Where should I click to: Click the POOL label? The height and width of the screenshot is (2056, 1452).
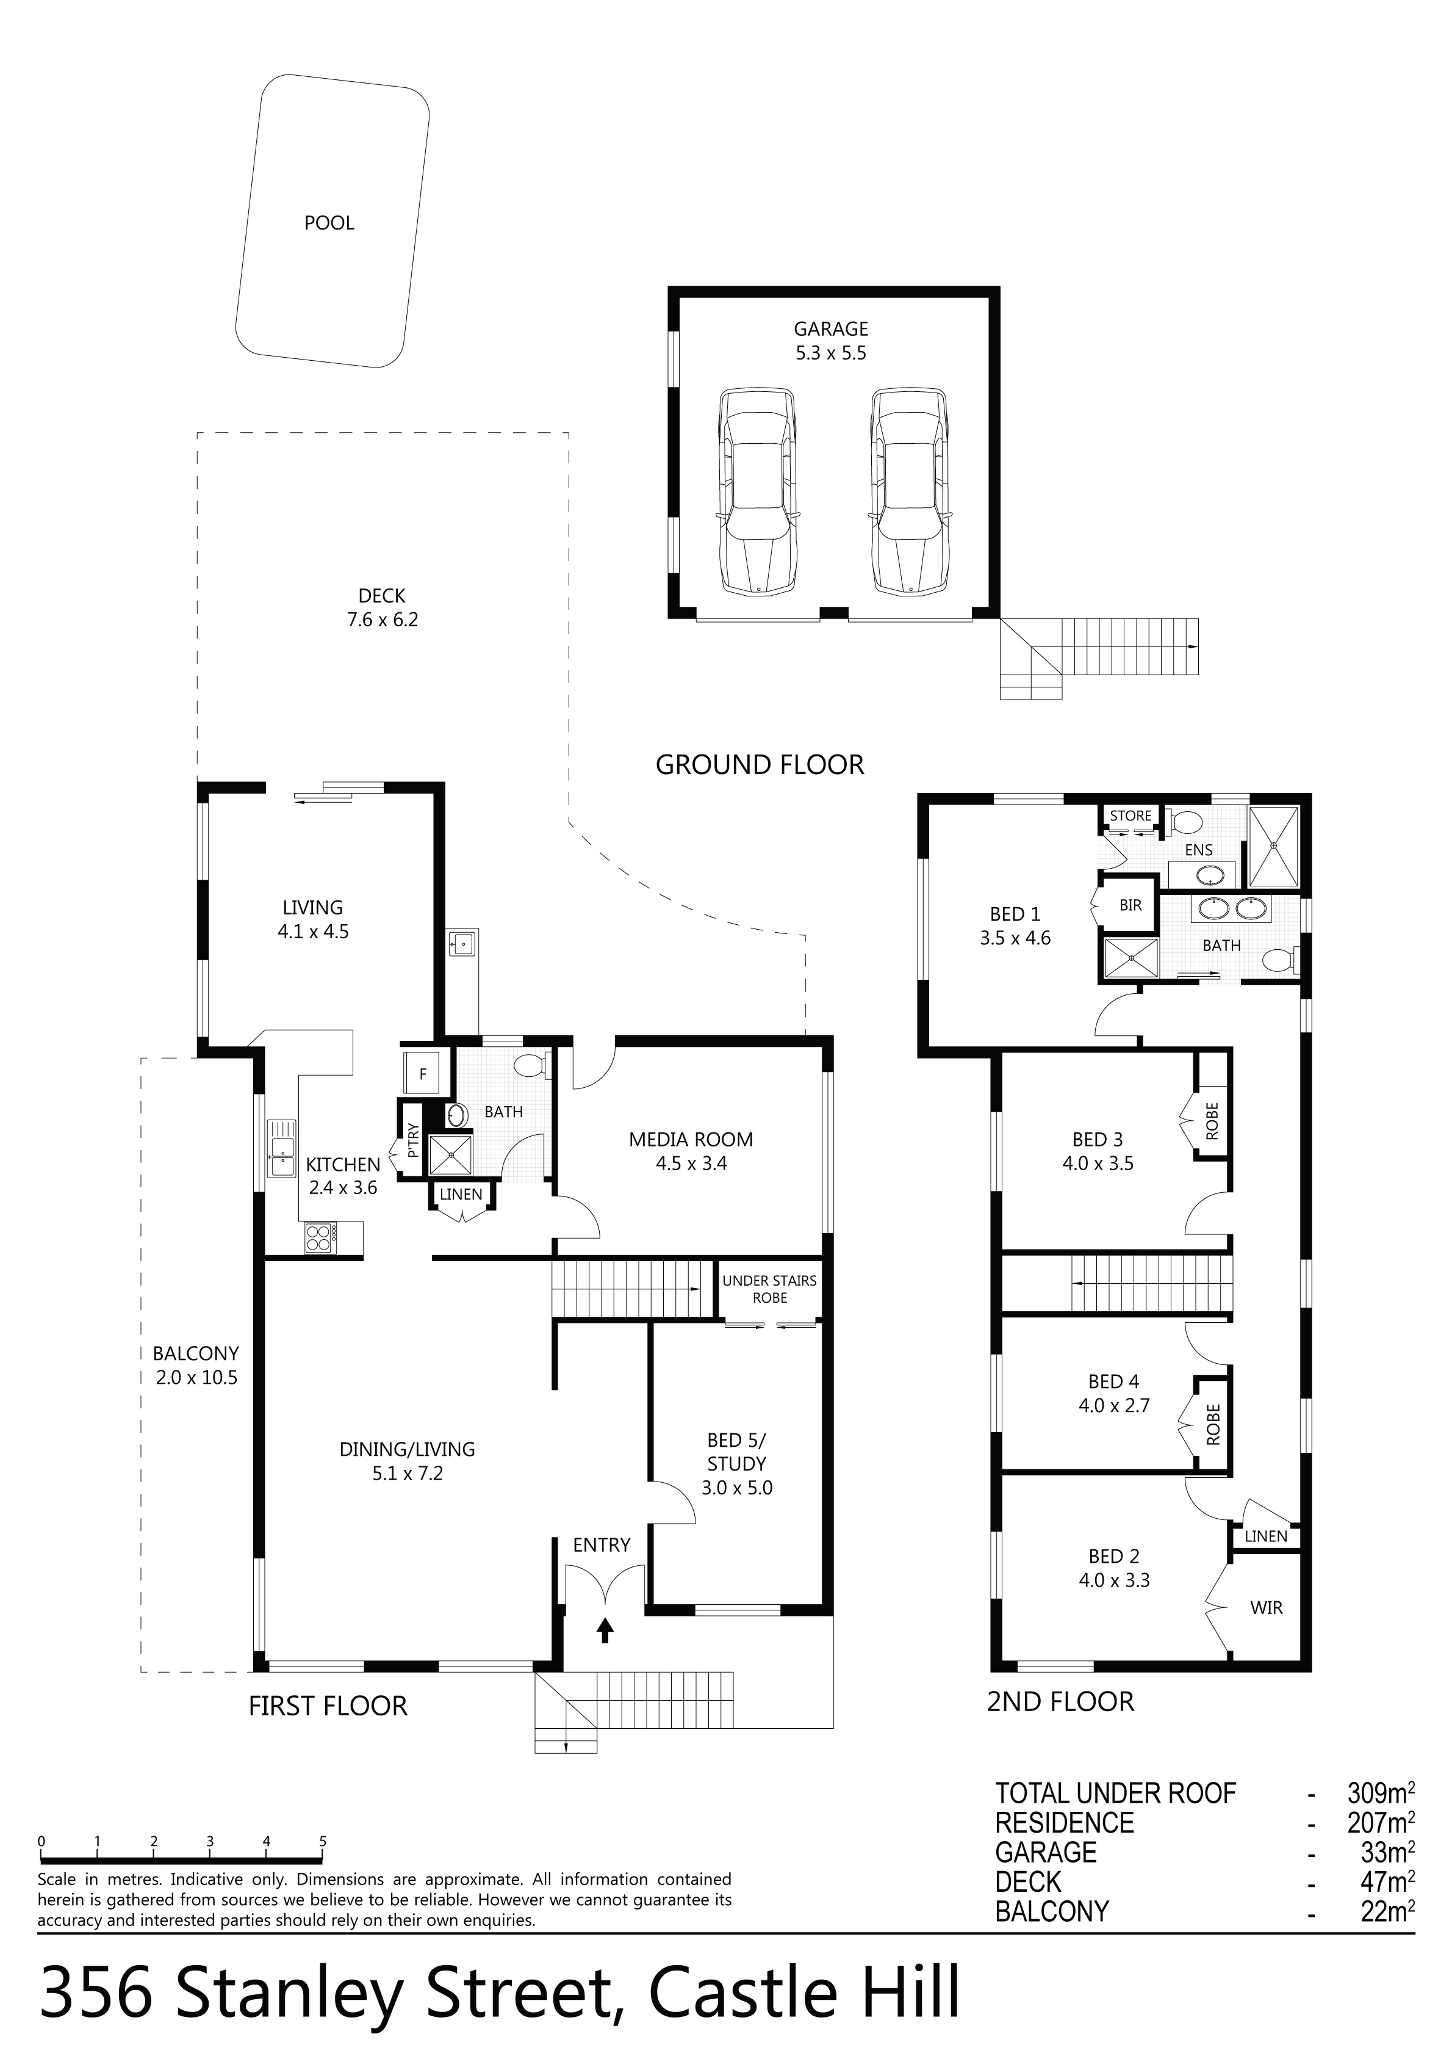click(x=329, y=223)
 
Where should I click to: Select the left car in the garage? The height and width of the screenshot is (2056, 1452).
click(x=757, y=491)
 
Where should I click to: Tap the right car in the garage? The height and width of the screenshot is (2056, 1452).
click(x=910, y=491)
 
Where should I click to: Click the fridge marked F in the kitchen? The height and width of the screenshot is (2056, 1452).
click(x=423, y=1073)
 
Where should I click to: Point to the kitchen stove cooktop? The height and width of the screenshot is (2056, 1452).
click(x=320, y=1237)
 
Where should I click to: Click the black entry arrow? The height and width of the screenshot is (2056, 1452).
click(x=605, y=1630)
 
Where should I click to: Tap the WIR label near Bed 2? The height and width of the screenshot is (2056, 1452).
click(x=1267, y=1607)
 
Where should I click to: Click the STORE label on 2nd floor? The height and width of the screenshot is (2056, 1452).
click(x=1130, y=816)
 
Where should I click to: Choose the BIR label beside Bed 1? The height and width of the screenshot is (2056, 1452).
click(x=1130, y=905)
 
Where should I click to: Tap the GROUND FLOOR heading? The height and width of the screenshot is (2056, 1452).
click(x=760, y=765)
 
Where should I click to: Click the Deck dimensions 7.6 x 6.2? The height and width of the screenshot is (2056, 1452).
click(x=383, y=620)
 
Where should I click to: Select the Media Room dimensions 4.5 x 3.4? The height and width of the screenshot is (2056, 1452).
click(x=691, y=1164)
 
